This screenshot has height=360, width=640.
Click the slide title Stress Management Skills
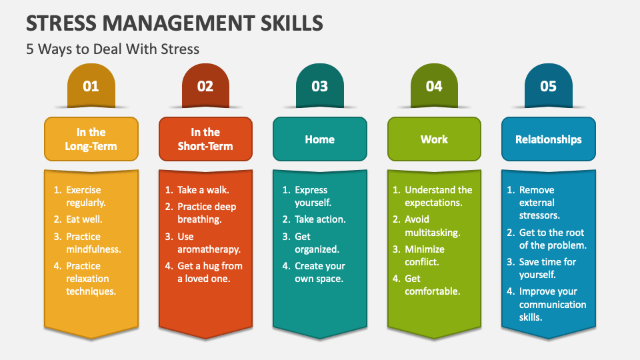point(175,23)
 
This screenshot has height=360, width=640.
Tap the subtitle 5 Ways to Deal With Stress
point(113,49)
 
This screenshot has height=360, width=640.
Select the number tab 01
point(91,86)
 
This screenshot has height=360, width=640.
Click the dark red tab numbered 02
point(205,86)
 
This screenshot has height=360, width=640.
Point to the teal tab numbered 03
point(320,86)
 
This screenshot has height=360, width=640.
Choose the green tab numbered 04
point(434,86)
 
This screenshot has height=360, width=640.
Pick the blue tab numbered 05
point(548,86)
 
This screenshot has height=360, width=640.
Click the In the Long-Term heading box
point(91,139)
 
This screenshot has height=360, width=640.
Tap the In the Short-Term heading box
point(205,139)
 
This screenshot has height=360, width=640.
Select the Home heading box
point(320,139)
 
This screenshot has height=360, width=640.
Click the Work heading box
point(434,139)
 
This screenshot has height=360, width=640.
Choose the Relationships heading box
point(548,139)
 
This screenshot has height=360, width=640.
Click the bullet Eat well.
point(84,219)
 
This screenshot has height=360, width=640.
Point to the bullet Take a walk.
point(203,190)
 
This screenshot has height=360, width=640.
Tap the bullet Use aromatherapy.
point(209,243)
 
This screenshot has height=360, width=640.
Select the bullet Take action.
point(321,219)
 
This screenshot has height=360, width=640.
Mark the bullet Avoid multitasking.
point(432,226)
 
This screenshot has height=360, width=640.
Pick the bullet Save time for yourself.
point(547,268)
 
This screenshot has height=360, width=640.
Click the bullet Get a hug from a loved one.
point(209,273)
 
